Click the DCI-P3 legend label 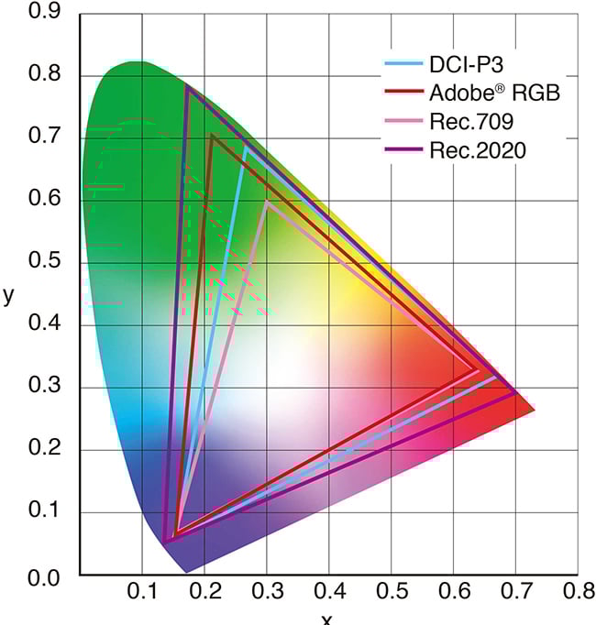click(466, 66)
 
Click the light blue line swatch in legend click(403, 66)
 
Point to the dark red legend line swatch click(403, 93)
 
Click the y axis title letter click(10, 295)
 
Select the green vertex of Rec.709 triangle click(267, 201)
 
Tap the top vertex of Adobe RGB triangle click(211, 136)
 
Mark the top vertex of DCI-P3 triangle click(245, 147)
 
